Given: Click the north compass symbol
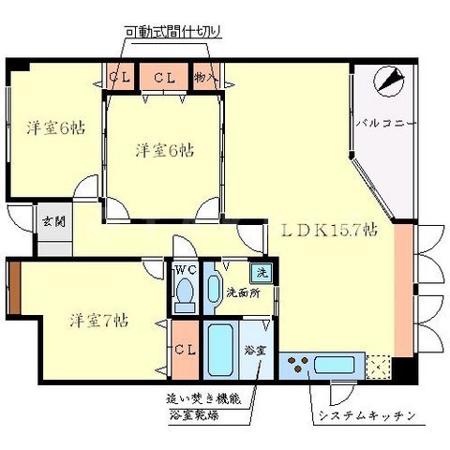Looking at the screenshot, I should coord(387,82).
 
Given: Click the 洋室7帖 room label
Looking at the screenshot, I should coord(97,320).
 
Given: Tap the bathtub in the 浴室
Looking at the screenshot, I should coord(219,350).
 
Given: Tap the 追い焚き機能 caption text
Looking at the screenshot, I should coord(204,397).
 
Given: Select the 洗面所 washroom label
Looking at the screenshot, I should coord(242,292).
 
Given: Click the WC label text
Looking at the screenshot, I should coord(184,270).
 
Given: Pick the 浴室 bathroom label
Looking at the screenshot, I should coord(255,351).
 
